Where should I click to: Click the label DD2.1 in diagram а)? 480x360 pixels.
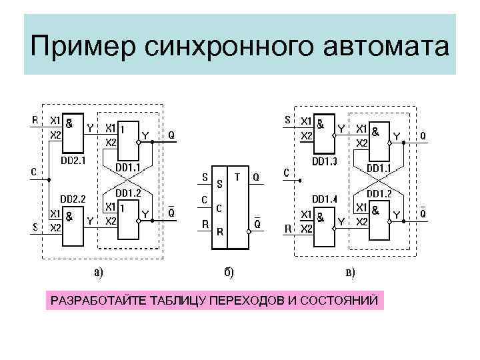74,160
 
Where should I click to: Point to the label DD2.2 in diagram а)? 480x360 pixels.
74,199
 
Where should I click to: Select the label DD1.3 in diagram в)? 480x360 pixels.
325,162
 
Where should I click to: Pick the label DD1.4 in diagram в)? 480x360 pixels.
325,199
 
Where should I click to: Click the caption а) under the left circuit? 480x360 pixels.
98,269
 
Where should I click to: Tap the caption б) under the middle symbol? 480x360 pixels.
227,270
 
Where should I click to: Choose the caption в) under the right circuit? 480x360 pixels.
349,271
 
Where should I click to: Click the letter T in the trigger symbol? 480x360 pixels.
237,177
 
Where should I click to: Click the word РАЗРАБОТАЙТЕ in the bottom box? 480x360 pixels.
94,301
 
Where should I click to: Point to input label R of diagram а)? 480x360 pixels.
35,120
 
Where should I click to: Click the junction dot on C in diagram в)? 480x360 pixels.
301,179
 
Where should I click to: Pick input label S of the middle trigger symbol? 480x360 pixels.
205,177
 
